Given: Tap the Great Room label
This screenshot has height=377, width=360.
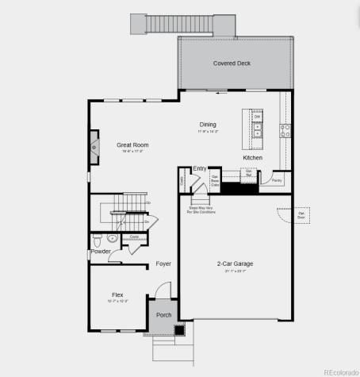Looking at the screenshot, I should point(133,145).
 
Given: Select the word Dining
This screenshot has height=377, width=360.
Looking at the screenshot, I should point(208,125).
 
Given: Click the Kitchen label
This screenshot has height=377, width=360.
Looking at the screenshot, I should point(252,158).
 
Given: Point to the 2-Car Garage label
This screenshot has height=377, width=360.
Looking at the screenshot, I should point(235,264).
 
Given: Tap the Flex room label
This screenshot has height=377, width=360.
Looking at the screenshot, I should point(117,294).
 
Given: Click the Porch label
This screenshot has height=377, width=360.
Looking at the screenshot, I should point(164,315).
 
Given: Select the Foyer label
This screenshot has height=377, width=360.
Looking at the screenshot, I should point(163,264).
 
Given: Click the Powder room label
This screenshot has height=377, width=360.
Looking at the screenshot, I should point(101,252).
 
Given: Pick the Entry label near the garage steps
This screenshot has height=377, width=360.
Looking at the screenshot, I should point(200,169).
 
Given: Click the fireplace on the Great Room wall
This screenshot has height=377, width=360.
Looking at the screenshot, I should point(94,148).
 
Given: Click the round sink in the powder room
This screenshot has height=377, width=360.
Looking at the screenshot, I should point(113,237).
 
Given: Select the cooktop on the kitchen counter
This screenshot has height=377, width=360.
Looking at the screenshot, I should point(285,129).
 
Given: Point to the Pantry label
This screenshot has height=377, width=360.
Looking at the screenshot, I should point(277,180).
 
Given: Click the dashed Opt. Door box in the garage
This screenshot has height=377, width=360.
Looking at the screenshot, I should point(301,215).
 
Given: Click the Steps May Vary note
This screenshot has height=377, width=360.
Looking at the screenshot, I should point(201,210).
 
